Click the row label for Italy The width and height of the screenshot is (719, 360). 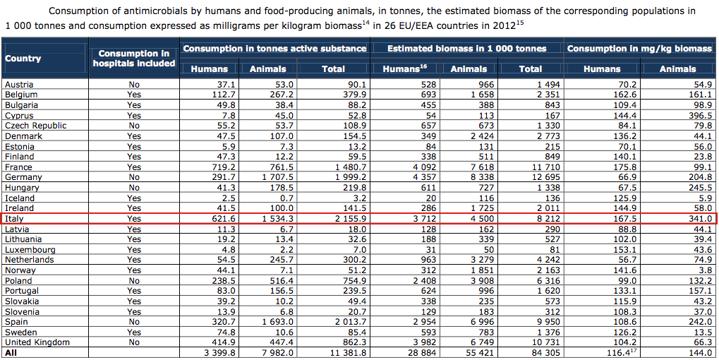click(14, 219)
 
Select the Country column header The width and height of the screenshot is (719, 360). click(23, 59)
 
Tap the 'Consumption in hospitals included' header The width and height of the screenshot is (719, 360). click(133, 59)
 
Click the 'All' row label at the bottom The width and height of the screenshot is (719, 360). click(11, 352)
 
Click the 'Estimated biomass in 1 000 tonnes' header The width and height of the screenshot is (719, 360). click(467, 49)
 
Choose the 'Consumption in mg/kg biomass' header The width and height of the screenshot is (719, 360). click(639, 49)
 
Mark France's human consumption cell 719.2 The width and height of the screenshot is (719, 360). click(215, 167)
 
